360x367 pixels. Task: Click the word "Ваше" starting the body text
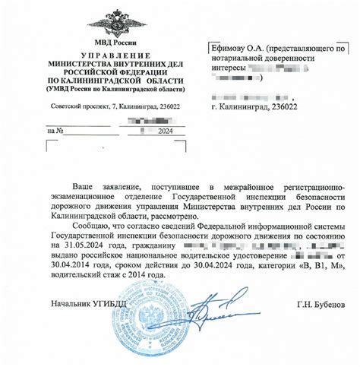coord(85,186)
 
